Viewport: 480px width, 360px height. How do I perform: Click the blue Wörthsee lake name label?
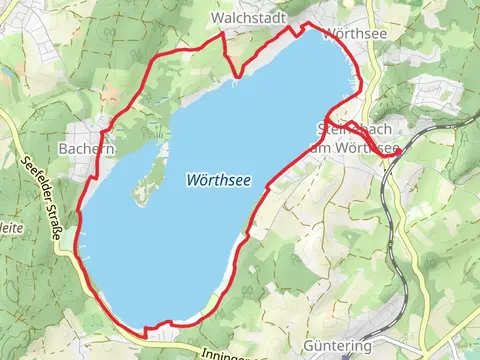point(217,180)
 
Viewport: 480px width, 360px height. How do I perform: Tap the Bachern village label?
point(86,148)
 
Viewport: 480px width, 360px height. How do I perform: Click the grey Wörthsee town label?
point(349,34)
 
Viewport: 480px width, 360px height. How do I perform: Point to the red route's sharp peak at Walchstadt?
point(222,35)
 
